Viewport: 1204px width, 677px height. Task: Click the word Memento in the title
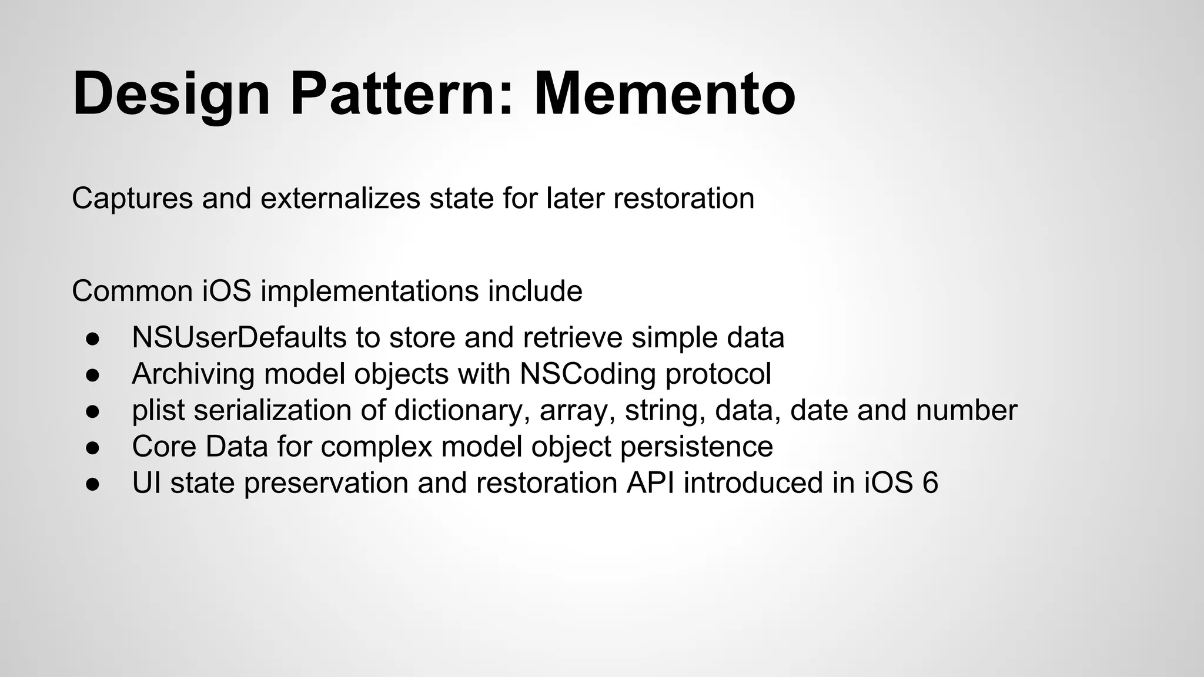tap(664, 94)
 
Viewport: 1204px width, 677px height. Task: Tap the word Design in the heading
tap(171, 94)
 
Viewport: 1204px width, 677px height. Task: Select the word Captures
tap(132, 198)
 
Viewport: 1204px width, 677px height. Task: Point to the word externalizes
tap(340, 198)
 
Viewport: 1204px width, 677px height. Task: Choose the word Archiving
tap(193, 374)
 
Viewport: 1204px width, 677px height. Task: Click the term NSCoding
tap(587, 374)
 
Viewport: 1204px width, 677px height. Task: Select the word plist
tap(158, 410)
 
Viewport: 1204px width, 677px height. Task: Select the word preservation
tap(326, 483)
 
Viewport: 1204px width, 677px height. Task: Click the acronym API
tap(650, 483)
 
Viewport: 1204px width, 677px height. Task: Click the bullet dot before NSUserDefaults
tap(92, 338)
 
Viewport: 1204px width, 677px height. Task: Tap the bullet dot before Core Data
tap(92, 448)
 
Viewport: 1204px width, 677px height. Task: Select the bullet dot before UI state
tap(92, 484)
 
